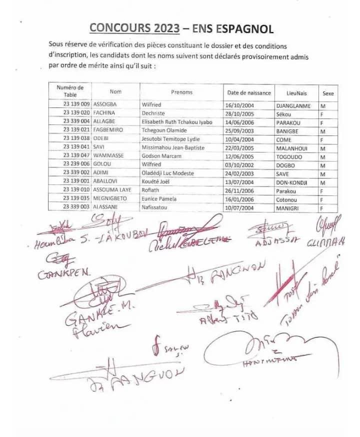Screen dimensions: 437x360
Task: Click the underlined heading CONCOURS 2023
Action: tap(134, 28)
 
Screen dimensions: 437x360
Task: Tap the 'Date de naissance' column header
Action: tap(249, 92)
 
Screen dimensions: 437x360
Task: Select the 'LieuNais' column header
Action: tap(296, 93)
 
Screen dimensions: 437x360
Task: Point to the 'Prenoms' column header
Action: tap(181, 92)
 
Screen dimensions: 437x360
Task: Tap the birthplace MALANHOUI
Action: tap(292, 148)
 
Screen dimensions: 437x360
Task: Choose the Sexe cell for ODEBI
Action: tap(322, 139)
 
